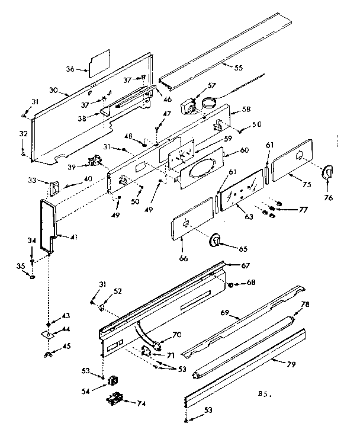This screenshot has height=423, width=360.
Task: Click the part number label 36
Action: point(70,69)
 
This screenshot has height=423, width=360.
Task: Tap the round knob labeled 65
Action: point(216,241)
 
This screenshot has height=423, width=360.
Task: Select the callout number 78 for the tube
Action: point(306,305)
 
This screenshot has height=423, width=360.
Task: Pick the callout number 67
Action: point(244,265)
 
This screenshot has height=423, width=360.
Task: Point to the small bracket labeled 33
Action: point(54,188)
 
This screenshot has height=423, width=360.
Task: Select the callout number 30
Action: point(53,90)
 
